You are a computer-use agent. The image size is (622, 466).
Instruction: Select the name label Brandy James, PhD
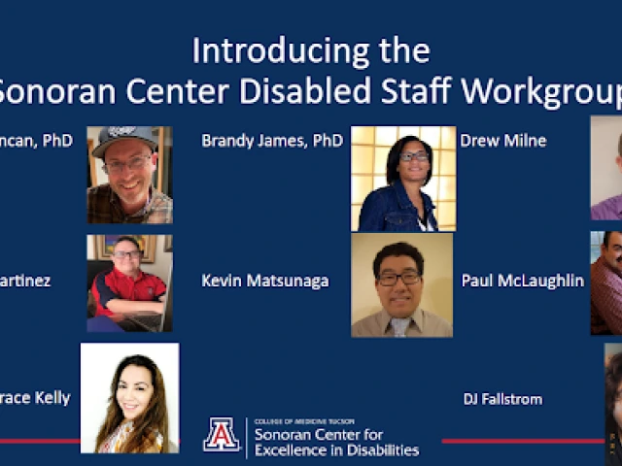pyautogui.click(x=272, y=141)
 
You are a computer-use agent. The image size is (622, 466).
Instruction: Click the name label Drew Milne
pyautogui.click(x=503, y=141)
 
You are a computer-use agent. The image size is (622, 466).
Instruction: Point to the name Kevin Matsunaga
pyautogui.click(x=264, y=281)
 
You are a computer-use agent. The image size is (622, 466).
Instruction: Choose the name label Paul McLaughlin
pyautogui.click(x=523, y=281)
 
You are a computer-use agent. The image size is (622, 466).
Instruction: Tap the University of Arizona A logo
pyautogui.click(x=222, y=434)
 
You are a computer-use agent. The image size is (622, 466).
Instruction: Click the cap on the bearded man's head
pyautogui.click(x=124, y=138)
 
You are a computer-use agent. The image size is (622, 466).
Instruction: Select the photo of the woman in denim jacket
pyautogui.click(x=402, y=179)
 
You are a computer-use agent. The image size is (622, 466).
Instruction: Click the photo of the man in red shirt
pyautogui.click(x=129, y=283)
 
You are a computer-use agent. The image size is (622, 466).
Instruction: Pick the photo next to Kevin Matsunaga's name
pyautogui.click(x=401, y=284)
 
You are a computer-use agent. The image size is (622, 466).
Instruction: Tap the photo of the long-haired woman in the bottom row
pyautogui.click(x=129, y=398)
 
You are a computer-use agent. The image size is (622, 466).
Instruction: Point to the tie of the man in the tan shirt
pyautogui.click(x=400, y=326)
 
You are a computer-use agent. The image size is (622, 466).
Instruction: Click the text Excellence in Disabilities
pyautogui.click(x=336, y=450)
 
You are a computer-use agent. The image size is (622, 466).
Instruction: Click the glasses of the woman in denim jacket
pyautogui.click(x=414, y=155)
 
